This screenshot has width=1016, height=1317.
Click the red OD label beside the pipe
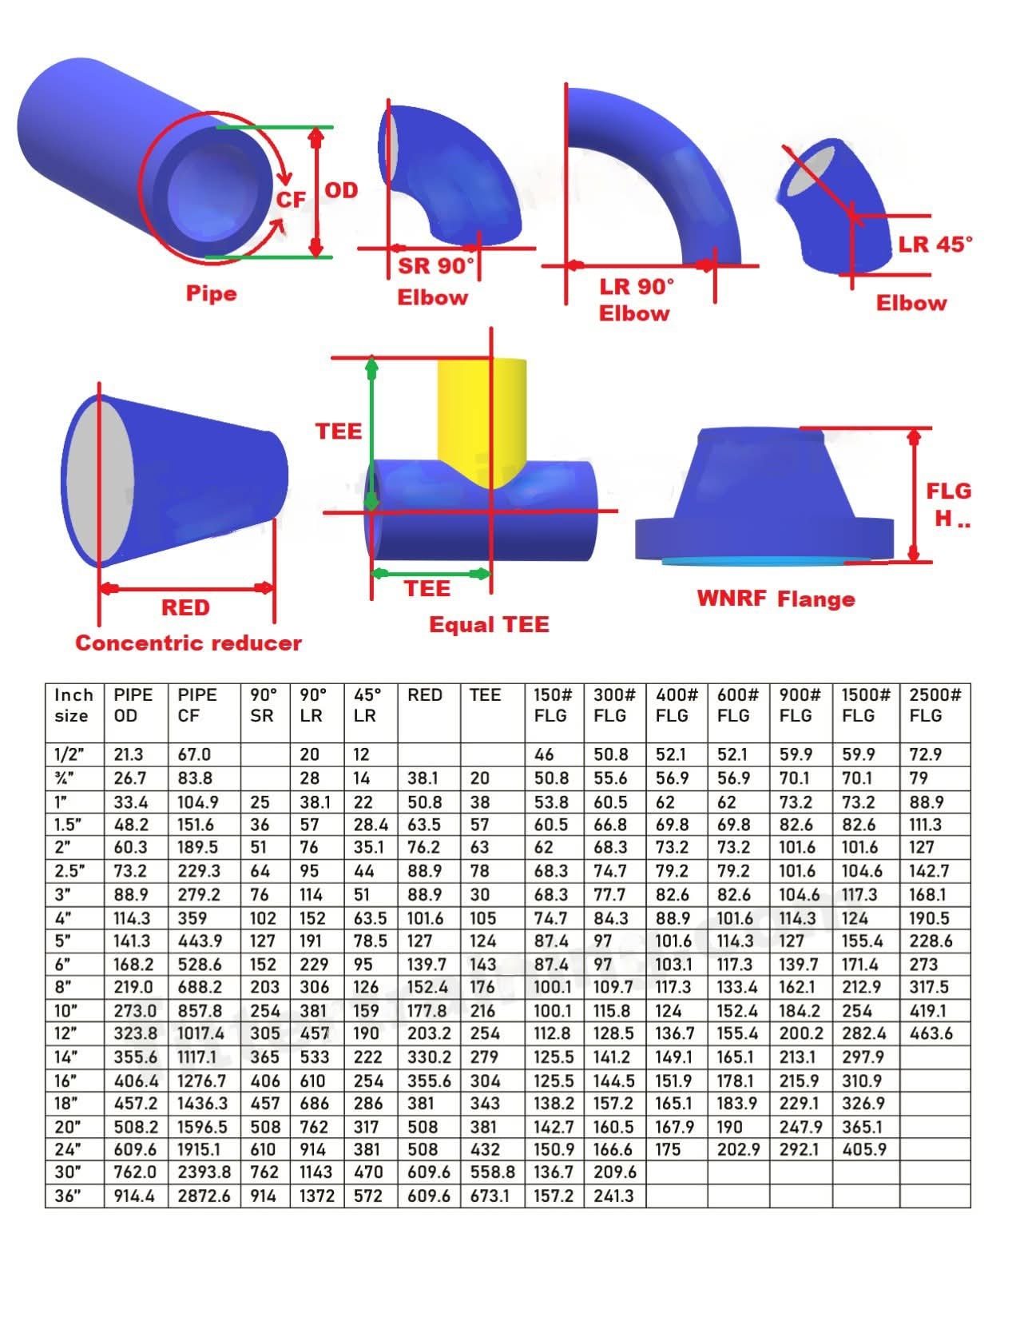[x=341, y=190]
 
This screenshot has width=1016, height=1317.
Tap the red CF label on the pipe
[x=292, y=200]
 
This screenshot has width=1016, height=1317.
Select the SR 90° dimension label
[x=435, y=265]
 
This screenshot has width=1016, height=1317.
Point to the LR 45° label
[x=935, y=245]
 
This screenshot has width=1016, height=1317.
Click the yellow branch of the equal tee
[x=482, y=418]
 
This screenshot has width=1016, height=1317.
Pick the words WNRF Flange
[x=776, y=599]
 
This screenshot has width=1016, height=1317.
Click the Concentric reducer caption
[x=189, y=643]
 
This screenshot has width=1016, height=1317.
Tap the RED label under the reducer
[x=185, y=607]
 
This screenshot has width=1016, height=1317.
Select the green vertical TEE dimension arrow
[x=371, y=434]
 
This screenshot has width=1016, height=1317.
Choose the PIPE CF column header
[x=196, y=705]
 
